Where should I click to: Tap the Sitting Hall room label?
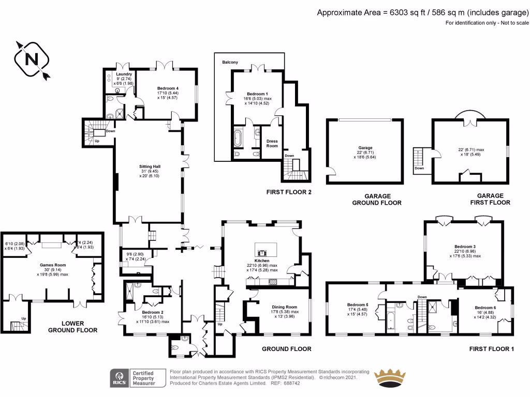tap(148, 171)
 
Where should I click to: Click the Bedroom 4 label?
tap(168, 88)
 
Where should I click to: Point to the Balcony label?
tap(230, 62)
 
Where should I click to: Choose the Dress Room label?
tap(272, 143)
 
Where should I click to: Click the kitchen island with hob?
tap(263, 249)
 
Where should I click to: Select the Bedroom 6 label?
tap(485, 308)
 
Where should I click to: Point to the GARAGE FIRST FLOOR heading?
tap(490, 199)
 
